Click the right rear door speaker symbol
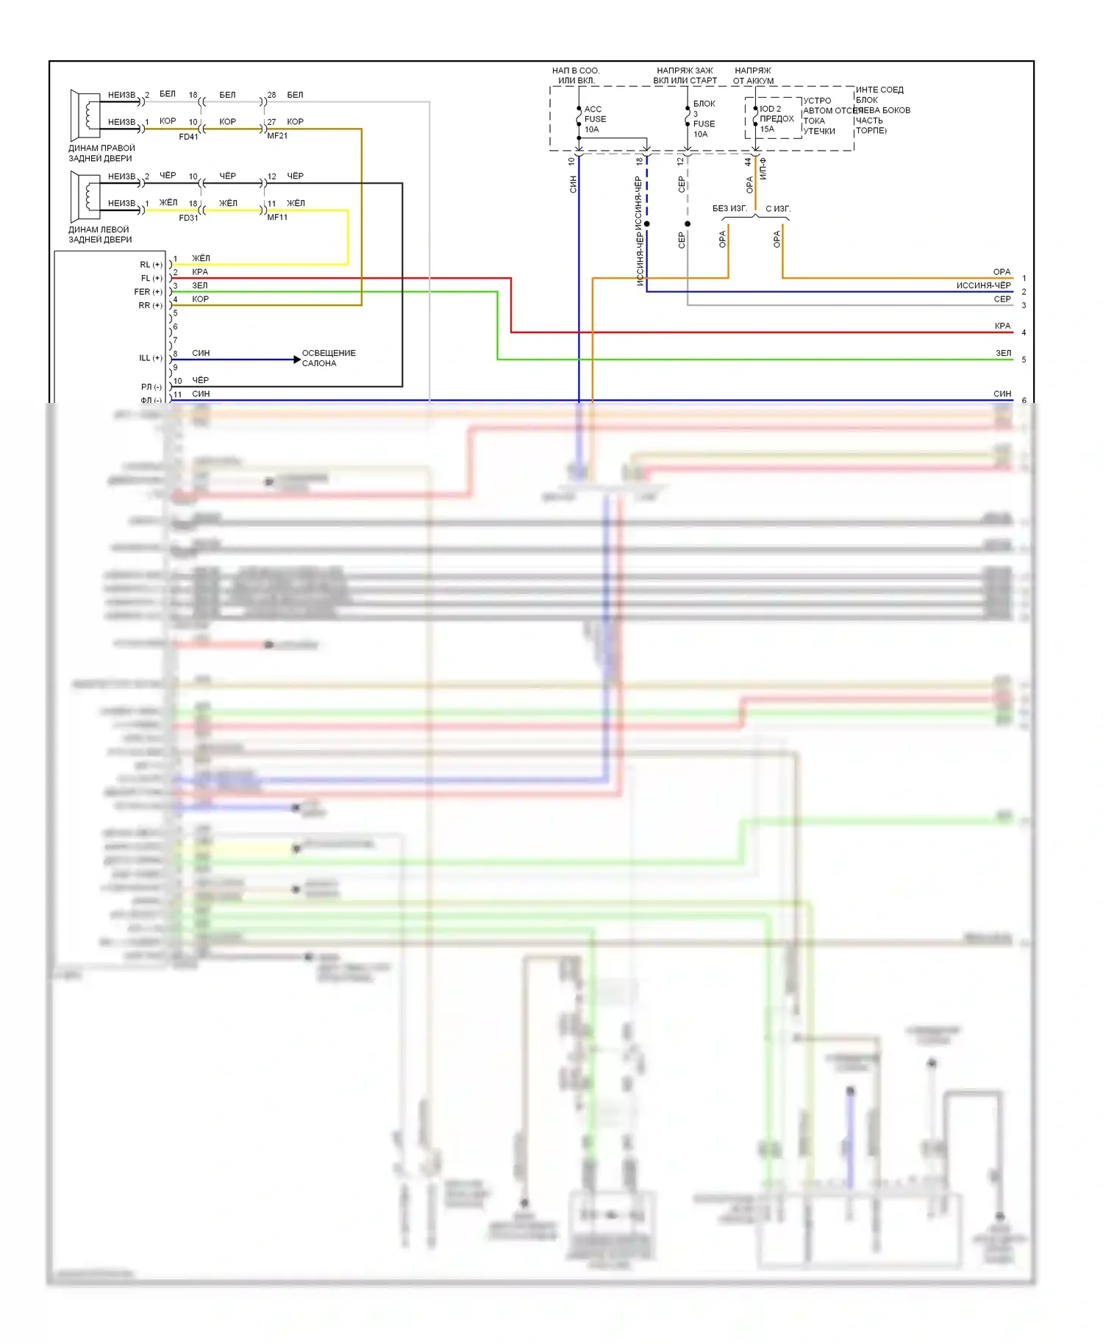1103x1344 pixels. pyautogui.click(x=85, y=115)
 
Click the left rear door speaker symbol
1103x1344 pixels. pyautogui.click(x=85, y=196)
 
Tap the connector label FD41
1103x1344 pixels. pyautogui.click(x=188, y=137)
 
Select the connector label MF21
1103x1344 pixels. pyautogui.click(x=277, y=136)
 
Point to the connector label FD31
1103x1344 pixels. pyautogui.click(x=188, y=218)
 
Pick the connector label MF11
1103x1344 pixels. pyautogui.click(x=277, y=218)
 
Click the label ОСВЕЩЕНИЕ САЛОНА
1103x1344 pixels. pyautogui.click(x=329, y=358)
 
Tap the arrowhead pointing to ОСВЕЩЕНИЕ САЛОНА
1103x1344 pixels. pyautogui.click(x=297, y=360)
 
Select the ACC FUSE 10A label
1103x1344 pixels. pyautogui.click(x=594, y=119)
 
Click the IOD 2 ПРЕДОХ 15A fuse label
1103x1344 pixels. pyautogui.click(x=775, y=118)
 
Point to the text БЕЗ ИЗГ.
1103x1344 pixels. pyautogui.click(x=729, y=209)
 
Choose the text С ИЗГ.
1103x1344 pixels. pyautogui.click(x=778, y=209)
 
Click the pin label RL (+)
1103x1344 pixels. pyautogui.click(x=151, y=265)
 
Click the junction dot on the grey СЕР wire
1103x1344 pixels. pyautogui.click(x=688, y=224)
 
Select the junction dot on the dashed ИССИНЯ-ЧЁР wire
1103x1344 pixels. pyautogui.click(x=647, y=224)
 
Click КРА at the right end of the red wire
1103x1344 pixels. pyautogui.click(x=1002, y=326)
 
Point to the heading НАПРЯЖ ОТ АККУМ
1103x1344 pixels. pyautogui.click(x=753, y=76)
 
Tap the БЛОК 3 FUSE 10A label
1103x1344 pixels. pyautogui.click(x=703, y=118)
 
